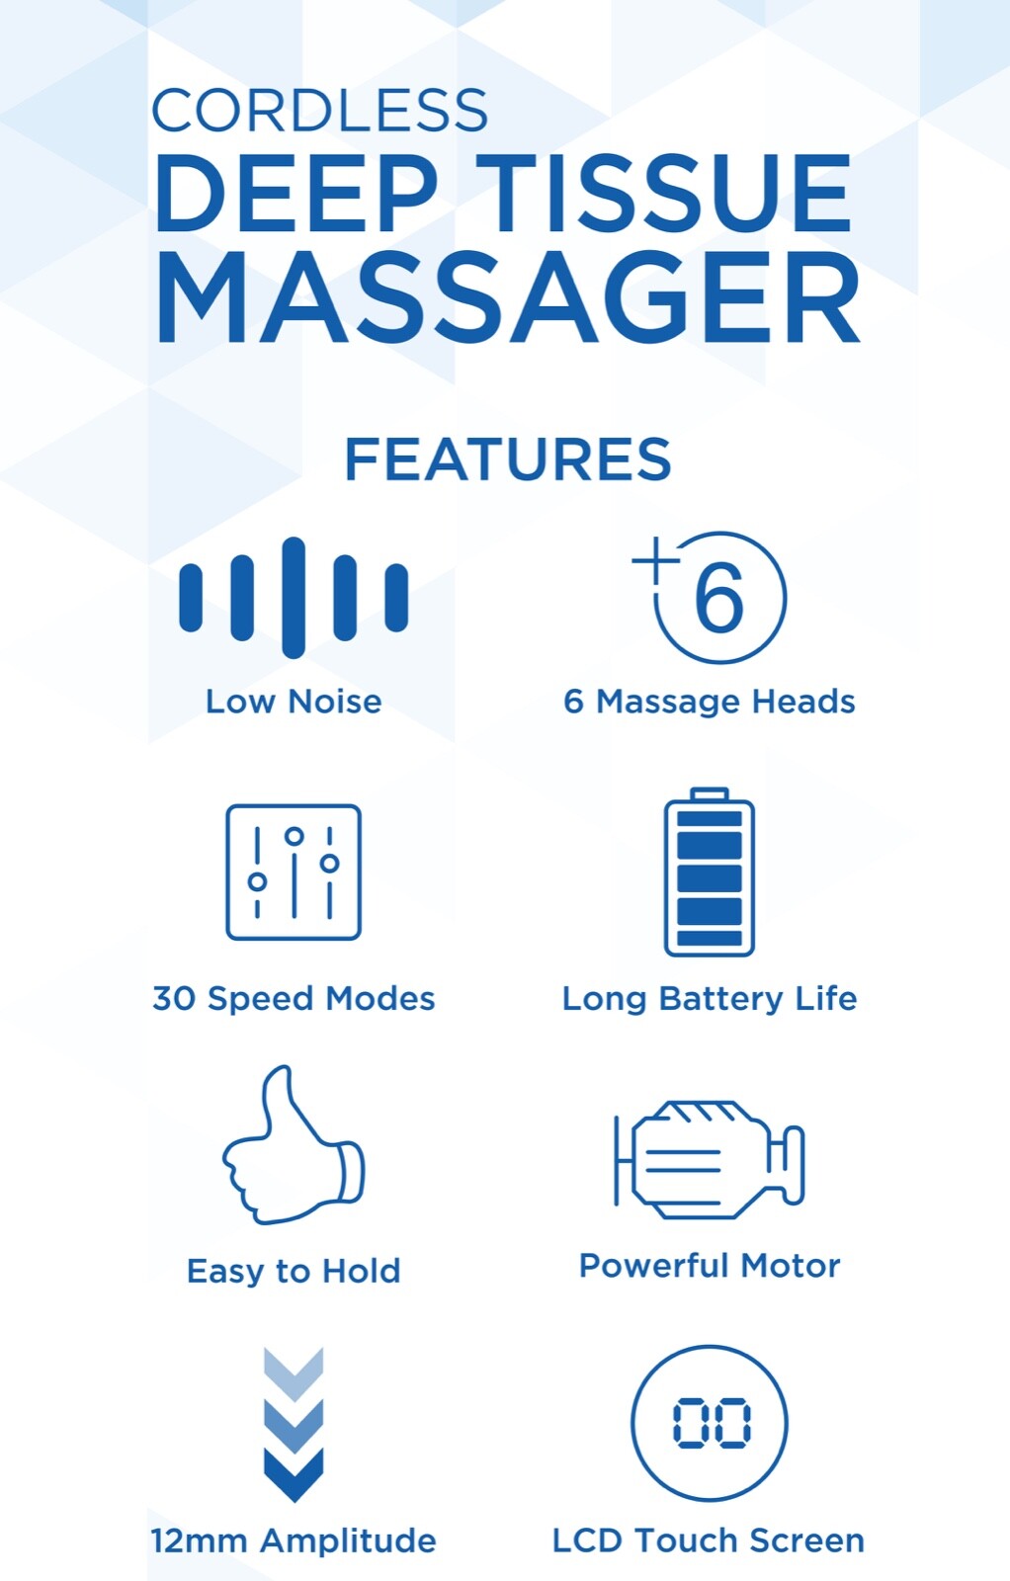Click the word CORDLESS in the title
[319, 111]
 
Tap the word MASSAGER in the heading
[507, 297]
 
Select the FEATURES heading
[507, 459]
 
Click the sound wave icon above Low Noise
[294, 597]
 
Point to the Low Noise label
[294, 702]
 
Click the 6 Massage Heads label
[709, 702]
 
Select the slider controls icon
[294, 872]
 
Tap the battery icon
[709, 873]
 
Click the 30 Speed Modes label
[294, 998]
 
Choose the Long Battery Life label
[709, 998]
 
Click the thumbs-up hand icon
[294, 1146]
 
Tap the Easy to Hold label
[294, 1270]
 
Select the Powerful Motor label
[709, 1265]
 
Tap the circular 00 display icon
[709, 1423]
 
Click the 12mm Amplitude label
[294, 1540]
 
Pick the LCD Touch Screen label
[708, 1540]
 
